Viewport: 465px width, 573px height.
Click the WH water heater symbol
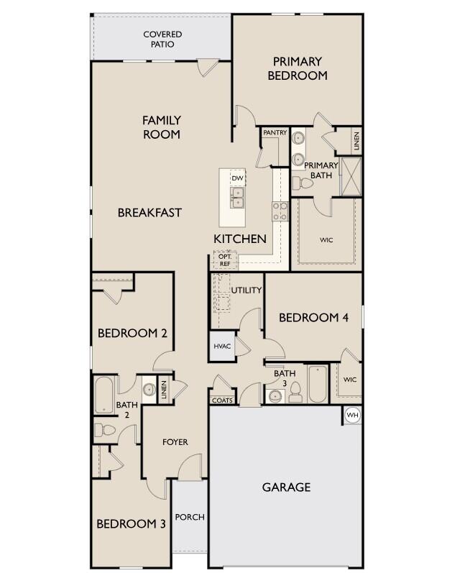click(x=352, y=415)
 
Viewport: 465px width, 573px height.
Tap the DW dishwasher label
click(x=237, y=178)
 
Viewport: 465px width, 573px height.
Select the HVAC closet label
click(x=222, y=347)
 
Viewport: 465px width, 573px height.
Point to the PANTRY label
click(x=275, y=133)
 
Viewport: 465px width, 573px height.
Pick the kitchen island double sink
click(x=237, y=196)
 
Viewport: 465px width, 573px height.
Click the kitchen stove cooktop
click(x=280, y=211)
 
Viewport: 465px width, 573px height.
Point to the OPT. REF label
click(x=224, y=260)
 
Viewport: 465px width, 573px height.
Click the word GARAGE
click(x=286, y=487)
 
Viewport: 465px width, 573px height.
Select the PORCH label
click(x=190, y=517)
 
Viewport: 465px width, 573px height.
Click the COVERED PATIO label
click(x=162, y=39)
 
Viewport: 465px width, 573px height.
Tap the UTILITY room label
click(x=247, y=290)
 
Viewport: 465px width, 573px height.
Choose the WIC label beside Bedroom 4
click(x=350, y=380)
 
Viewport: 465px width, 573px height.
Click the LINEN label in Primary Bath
click(x=356, y=140)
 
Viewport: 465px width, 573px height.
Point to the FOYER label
click(x=175, y=442)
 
